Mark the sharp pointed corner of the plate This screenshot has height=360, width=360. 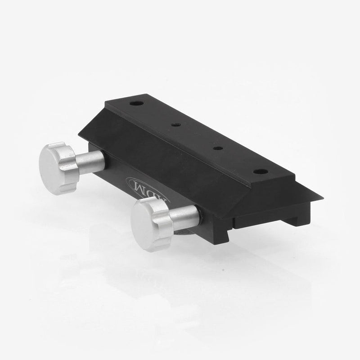[x=321, y=198]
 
